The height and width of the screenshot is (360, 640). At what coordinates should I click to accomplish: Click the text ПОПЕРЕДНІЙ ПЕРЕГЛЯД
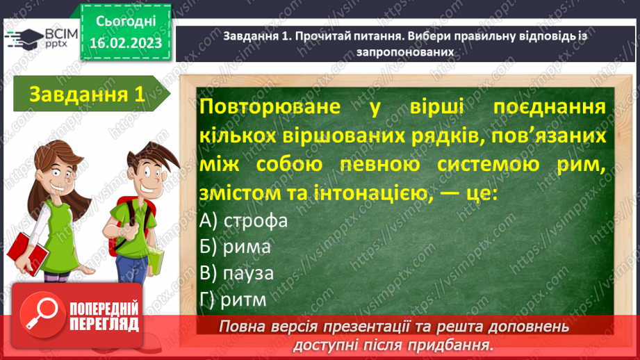click(x=104, y=316)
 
